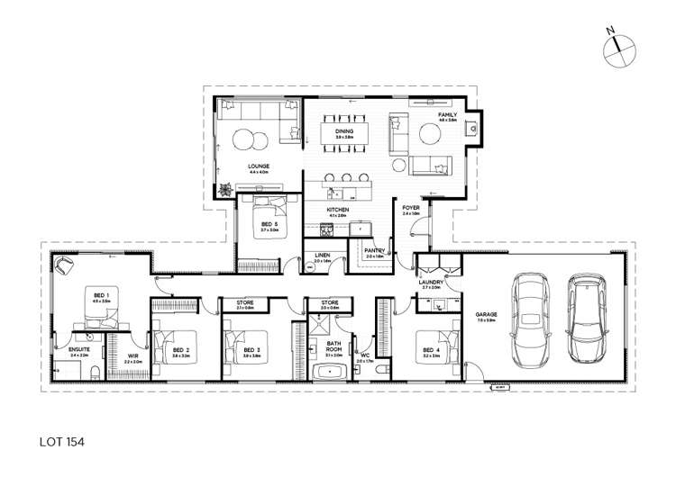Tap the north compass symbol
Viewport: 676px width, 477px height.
pos(617,45)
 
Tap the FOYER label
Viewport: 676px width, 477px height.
pos(411,209)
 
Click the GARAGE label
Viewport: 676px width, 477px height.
pos(487,316)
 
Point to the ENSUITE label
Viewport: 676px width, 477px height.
pos(78,350)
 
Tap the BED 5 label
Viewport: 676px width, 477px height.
pos(269,225)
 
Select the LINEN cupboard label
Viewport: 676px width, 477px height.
pos(322,256)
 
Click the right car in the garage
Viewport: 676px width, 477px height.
pos(587,316)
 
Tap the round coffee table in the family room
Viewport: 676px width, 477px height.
pos(428,133)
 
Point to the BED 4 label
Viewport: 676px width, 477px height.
pos(424,352)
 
